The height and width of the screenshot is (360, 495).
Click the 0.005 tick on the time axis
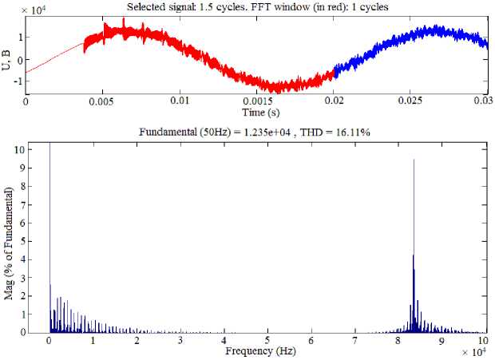(x=101, y=101)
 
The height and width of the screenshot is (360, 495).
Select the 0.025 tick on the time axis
(x=410, y=101)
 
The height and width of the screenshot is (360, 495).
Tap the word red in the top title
(x=339, y=7)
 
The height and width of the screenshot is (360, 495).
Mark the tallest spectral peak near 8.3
(x=414, y=160)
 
